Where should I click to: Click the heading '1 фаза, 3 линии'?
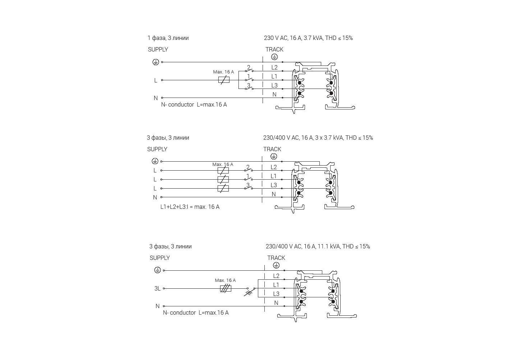(x=168, y=38)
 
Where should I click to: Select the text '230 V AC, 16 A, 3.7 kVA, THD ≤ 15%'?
(x=308, y=38)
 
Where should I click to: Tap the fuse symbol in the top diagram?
(x=224, y=80)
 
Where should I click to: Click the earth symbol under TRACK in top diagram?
(x=274, y=57)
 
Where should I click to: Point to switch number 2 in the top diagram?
(x=249, y=69)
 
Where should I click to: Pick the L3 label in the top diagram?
(x=274, y=86)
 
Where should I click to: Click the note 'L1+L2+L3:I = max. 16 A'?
(x=190, y=207)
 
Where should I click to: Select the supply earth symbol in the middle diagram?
(x=155, y=161)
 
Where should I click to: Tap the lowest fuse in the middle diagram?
(x=223, y=188)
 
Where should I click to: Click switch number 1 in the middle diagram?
(x=248, y=178)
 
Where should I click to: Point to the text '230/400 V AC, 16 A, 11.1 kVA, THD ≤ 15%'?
(x=318, y=246)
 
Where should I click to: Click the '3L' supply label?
(x=158, y=288)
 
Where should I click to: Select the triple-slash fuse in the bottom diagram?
(x=226, y=288)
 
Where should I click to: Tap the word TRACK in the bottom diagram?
(x=276, y=258)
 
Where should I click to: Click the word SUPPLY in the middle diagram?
(x=157, y=149)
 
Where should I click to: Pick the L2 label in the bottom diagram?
(x=276, y=276)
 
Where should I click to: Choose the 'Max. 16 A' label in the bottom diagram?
(x=225, y=280)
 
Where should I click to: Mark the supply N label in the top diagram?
(x=156, y=98)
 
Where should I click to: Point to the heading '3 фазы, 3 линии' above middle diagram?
(x=168, y=138)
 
